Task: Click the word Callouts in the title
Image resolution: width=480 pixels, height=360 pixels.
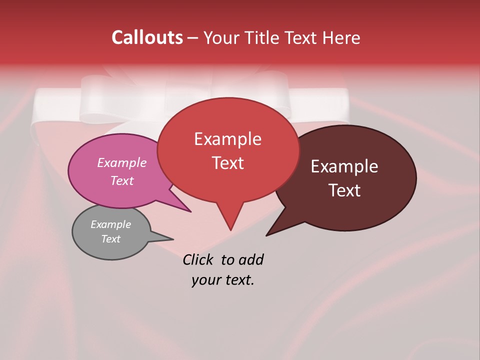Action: [147, 37]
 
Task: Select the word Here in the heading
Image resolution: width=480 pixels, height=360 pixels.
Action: [341, 37]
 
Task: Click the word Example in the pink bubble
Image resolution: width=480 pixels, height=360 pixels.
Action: [121, 162]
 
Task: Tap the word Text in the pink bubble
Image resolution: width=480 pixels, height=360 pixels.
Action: [121, 180]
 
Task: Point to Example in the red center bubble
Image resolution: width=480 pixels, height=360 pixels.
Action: [227, 139]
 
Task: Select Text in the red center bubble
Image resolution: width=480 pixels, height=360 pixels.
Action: [227, 163]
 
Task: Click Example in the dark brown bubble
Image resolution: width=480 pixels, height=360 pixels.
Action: [344, 166]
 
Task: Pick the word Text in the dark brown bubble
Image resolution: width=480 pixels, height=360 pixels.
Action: [344, 190]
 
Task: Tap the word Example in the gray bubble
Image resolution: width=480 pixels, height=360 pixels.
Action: [110, 224]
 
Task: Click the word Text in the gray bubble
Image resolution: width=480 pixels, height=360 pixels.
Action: [110, 239]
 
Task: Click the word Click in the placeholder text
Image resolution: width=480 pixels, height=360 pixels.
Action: [199, 259]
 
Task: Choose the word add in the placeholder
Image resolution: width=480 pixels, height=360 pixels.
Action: [252, 259]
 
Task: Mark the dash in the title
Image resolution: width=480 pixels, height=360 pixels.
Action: [193, 38]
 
